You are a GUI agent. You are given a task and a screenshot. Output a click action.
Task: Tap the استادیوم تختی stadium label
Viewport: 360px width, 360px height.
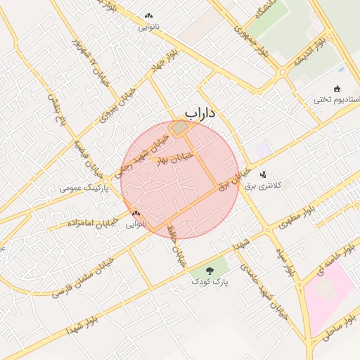[x=337, y=100]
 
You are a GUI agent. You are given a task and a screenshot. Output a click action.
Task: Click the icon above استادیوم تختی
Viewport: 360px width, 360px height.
[x=337, y=89]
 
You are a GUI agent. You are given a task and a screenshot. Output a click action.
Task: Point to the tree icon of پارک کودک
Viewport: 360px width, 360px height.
[x=210, y=270]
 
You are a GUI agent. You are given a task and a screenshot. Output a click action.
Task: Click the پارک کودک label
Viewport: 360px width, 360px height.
[x=210, y=281]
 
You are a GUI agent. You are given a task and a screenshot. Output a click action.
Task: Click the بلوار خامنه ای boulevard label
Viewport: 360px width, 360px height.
[x=342, y=259]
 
